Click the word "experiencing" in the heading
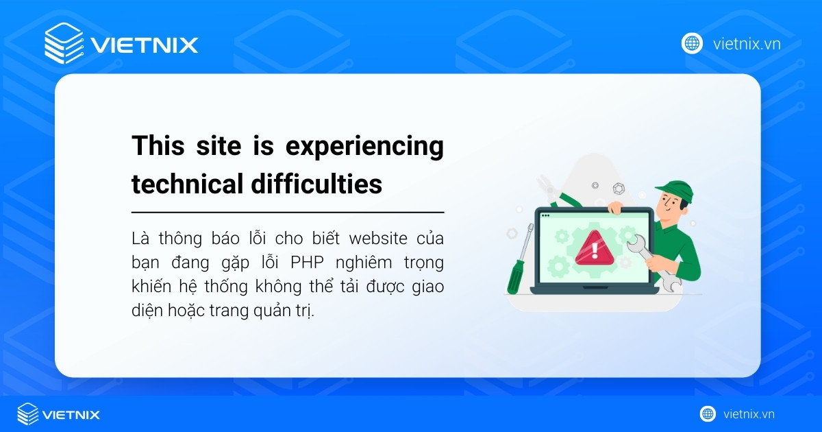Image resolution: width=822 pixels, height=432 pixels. (364, 147)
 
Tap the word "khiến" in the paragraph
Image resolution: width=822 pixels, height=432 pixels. (149, 287)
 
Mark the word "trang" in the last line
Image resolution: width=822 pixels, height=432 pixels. (236, 311)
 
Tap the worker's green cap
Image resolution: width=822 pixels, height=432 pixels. (674, 188)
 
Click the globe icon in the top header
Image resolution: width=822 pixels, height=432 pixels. (692, 43)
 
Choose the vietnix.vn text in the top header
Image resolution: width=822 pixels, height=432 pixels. (747, 44)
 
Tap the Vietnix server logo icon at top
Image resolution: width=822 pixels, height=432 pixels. (64, 44)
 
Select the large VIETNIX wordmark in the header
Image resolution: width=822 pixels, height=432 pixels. (145, 45)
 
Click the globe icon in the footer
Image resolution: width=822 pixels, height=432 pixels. (708, 414)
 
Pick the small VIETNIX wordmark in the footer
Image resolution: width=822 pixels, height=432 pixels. (71, 415)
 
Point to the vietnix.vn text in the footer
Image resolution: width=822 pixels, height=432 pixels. (749, 414)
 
